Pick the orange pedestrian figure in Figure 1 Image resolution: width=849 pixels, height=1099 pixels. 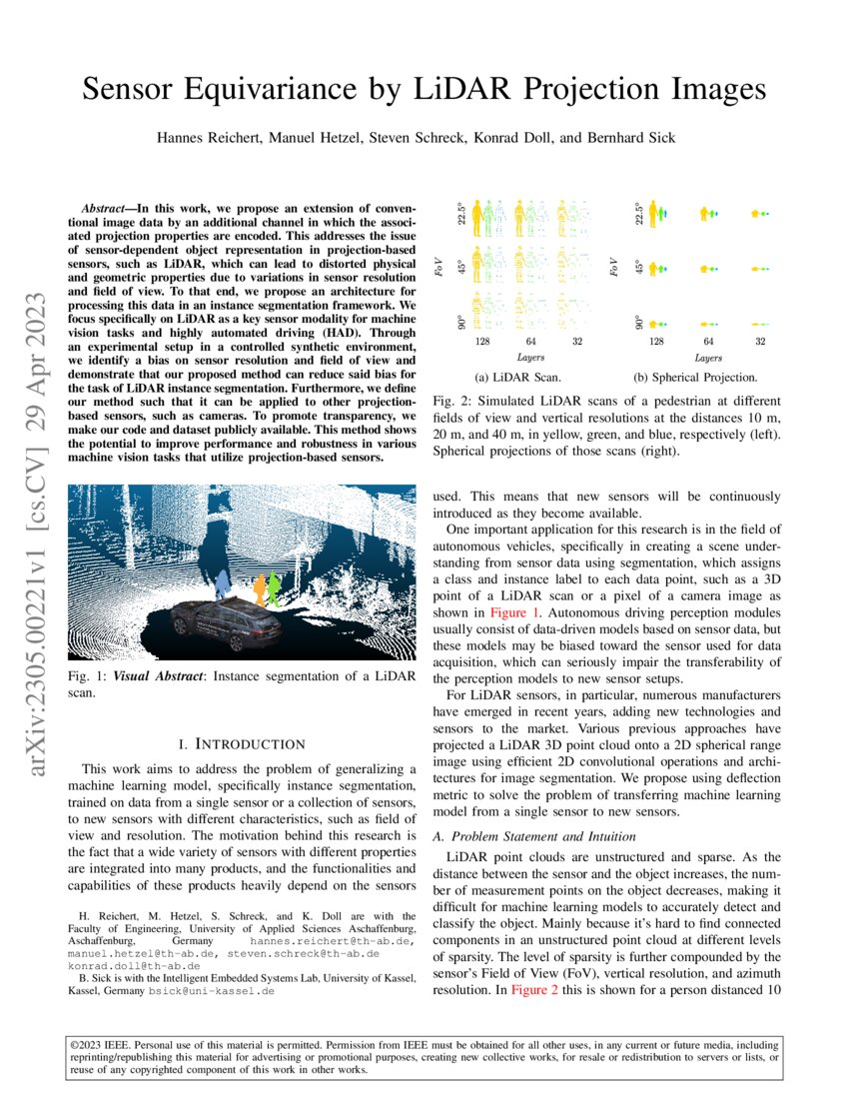pyautogui.click(x=260, y=588)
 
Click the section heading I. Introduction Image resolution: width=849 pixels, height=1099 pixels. pyautogui.click(x=241, y=744)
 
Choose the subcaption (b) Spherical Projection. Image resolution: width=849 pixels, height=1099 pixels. pyautogui.click(x=695, y=378)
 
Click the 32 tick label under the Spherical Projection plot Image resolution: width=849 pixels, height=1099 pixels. pyautogui.click(x=760, y=341)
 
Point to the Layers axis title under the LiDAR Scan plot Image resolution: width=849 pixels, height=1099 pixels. pyautogui.click(x=530, y=357)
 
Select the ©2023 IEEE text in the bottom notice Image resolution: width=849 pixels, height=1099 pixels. pyautogui.click(x=104, y=1045)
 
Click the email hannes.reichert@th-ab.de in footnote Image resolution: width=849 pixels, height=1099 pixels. pyautogui.click(x=332, y=942)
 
